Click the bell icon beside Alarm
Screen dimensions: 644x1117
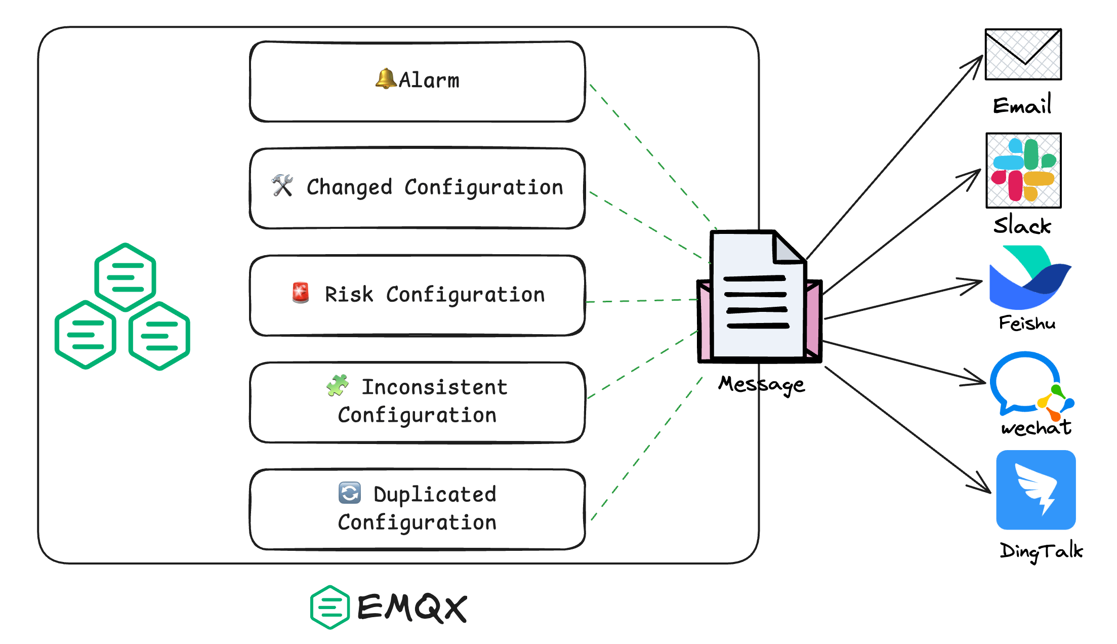386,79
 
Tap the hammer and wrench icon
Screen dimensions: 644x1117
282,186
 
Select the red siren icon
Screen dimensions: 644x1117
301,293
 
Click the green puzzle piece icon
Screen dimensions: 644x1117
338,385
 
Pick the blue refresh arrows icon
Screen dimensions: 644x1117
350,493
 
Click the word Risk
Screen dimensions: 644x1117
349,294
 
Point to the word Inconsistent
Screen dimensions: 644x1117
434,387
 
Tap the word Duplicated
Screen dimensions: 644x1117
435,494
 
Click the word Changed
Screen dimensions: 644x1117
349,187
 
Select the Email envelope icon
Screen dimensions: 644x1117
1023,54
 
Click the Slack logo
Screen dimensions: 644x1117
1023,171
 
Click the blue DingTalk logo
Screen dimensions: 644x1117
1036,490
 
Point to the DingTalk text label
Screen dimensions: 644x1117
1041,550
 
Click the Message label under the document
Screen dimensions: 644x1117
761,384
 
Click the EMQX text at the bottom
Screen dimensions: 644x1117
412,607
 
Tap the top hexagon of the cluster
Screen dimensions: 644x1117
125,277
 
